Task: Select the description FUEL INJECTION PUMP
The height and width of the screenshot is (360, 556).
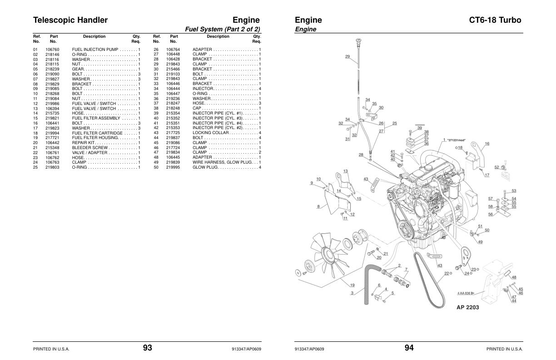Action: pyautogui.click(x=95, y=49)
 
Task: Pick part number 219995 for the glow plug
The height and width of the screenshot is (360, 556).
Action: pyautogui.click(x=173, y=167)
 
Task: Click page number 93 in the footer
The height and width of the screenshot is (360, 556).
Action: pyautogui.click(x=147, y=348)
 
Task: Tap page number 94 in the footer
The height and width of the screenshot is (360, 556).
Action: pyautogui.click(x=409, y=348)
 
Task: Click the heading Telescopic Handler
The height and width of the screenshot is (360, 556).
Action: pyautogui.click(x=70, y=20)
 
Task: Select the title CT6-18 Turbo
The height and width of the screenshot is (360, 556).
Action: pyautogui.click(x=495, y=20)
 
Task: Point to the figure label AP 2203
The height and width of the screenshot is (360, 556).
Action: pyautogui.click(x=467, y=307)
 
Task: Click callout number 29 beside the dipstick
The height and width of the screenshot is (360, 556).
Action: pyautogui.click(x=347, y=57)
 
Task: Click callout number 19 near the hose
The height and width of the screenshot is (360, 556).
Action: pyautogui.click(x=352, y=285)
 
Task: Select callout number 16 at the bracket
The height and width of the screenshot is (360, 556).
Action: pyautogui.click(x=487, y=144)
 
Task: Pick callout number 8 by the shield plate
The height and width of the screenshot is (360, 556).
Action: pyautogui.click(x=318, y=206)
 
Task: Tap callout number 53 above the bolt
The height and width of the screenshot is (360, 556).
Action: pyautogui.click(x=514, y=191)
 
